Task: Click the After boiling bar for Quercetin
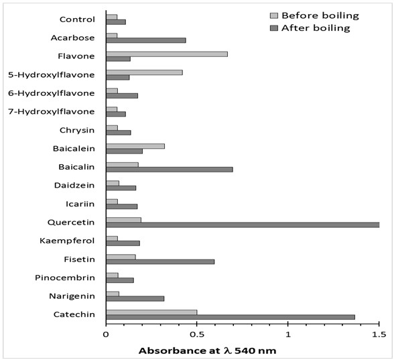(243, 225)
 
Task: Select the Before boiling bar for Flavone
(167, 54)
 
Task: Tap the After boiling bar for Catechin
(231, 317)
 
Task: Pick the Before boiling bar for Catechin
(151, 312)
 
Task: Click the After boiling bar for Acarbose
(146, 40)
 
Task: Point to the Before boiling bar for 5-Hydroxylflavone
(145, 72)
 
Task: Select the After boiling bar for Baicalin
(170, 170)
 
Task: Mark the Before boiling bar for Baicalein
(135, 146)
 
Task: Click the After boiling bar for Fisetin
(160, 261)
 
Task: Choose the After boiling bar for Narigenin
(135, 299)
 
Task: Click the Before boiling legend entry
(315, 15)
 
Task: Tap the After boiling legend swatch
(274, 28)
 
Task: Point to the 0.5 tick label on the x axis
(196, 335)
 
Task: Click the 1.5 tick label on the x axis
(379, 335)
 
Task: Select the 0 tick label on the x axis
(106, 335)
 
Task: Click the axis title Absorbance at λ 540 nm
(207, 351)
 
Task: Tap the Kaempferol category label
(67, 241)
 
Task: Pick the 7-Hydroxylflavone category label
(51, 111)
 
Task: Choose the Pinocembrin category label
(65, 278)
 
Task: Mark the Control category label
(77, 19)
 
